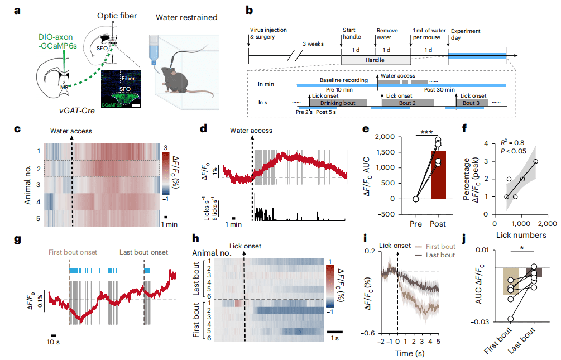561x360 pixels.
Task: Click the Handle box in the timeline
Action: tap(376, 59)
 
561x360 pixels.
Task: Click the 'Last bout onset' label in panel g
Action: tap(144, 253)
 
